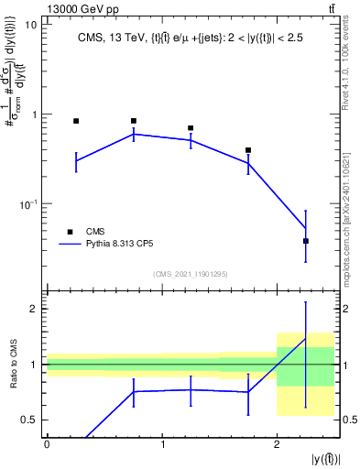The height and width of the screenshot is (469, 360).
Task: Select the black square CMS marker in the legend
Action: (x=68, y=232)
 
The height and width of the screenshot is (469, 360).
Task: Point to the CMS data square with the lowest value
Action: (x=306, y=241)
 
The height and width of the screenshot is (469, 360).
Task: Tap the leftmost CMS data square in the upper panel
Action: (x=76, y=121)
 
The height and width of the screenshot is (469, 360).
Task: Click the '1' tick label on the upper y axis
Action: (x=34, y=115)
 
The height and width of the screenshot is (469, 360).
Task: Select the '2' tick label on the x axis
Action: (x=277, y=444)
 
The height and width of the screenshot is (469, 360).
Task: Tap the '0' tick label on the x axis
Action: (x=47, y=444)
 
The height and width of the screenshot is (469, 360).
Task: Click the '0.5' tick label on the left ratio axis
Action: (x=27, y=420)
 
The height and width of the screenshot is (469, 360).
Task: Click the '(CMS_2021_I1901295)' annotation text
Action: (x=191, y=274)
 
